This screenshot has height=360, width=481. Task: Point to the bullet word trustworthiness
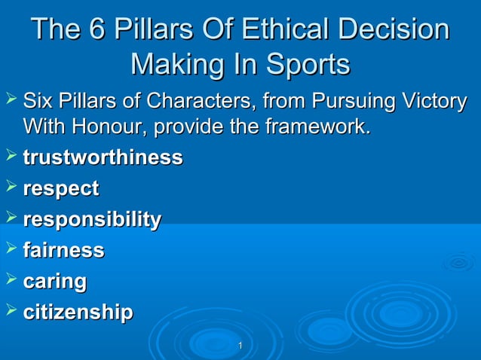[x=103, y=158]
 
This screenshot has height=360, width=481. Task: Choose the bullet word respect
[x=61, y=189]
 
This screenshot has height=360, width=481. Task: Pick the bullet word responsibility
[x=92, y=220]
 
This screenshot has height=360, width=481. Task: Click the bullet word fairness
[x=63, y=251]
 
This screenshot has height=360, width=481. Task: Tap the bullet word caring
[x=55, y=282]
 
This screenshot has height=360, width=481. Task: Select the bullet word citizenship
[x=78, y=312]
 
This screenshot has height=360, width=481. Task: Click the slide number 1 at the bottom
[x=240, y=346]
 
